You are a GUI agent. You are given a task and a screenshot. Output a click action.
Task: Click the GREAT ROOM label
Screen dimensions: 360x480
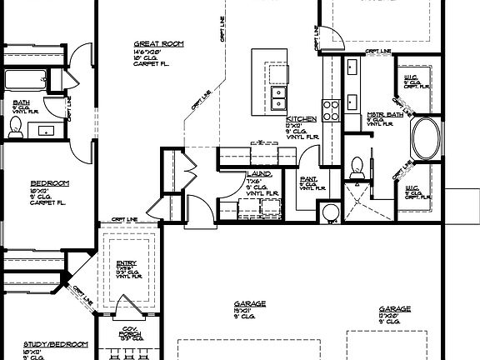click(158, 43)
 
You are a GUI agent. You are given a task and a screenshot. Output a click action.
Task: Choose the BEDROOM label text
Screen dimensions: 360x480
click(49, 182)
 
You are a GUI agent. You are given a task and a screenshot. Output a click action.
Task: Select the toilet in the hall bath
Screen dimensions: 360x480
click(14, 126)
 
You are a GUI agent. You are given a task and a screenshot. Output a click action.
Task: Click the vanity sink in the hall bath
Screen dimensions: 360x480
click(43, 130)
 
